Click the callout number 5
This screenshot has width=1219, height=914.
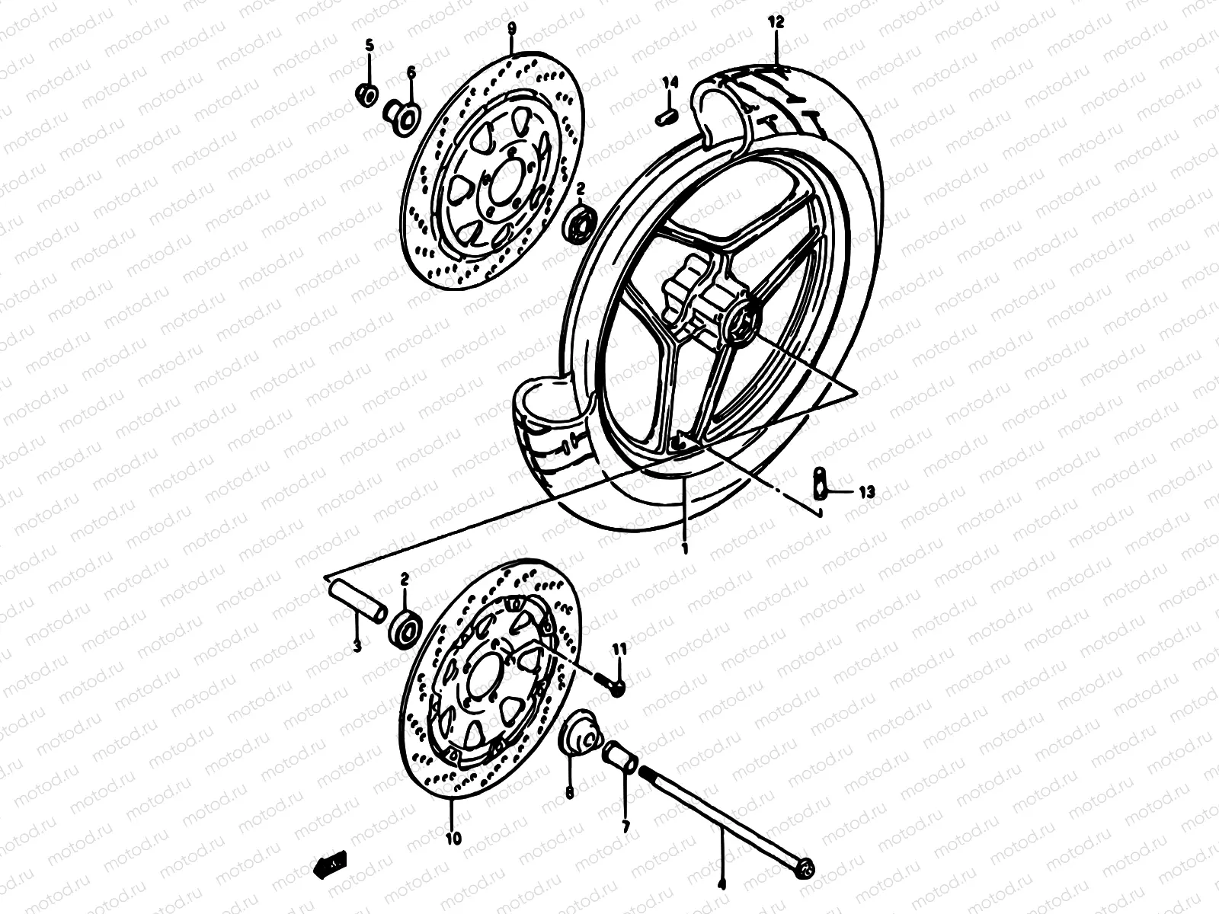coord(370,46)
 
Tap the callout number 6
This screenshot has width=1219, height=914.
coord(411,72)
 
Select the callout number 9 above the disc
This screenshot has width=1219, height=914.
coord(511,29)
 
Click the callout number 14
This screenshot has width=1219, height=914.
coord(669,82)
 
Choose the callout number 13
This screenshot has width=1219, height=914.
coord(865,492)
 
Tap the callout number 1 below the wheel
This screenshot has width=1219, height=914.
coord(685,548)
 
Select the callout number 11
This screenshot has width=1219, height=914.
coord(619,649)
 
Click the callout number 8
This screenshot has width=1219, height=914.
coord(569,793)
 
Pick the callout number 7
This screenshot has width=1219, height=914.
coord(625,826)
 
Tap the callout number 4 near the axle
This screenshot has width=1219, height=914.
coord(721,885)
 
